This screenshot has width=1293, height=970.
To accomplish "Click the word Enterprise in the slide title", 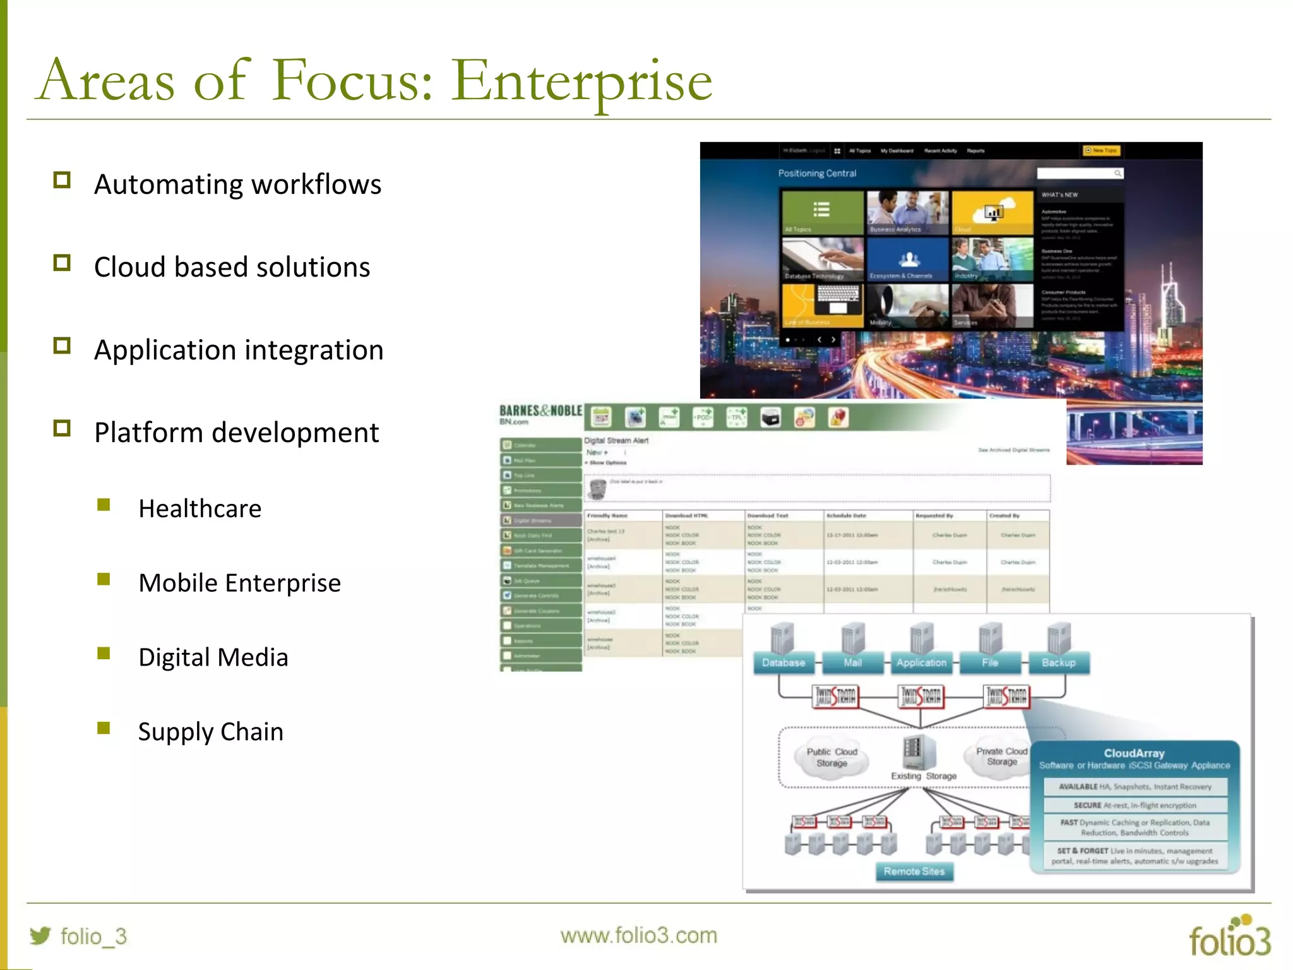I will point(581,82).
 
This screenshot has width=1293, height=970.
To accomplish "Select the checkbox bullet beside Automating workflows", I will point(62,181).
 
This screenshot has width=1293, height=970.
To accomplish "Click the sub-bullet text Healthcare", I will point(200,508).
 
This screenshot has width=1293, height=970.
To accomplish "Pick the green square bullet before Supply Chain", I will point(104,728).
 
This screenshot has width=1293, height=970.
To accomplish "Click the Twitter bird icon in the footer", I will point(40,935).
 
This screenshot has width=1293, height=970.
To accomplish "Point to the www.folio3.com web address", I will point(638,935).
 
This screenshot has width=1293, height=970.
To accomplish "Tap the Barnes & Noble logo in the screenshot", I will point(540,414).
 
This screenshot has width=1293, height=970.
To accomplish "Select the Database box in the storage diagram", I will point(784,662).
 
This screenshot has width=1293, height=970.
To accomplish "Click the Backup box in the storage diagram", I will point(1059,662).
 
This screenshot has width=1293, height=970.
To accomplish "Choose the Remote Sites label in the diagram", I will point(914,871).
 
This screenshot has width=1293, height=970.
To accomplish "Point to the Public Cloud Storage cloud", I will point(831,757).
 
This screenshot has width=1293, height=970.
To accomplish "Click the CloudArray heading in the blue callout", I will point(1134,753).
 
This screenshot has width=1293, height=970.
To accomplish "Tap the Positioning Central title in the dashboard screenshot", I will point(817,173).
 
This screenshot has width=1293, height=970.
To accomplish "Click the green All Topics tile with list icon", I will point(822,212).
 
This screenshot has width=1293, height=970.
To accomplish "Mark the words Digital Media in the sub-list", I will point(213,657).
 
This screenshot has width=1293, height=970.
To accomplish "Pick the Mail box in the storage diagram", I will point(852,662).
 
